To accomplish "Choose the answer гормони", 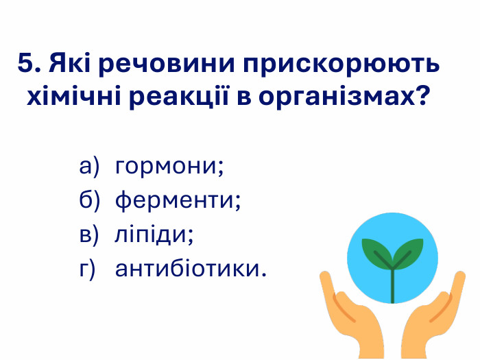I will (x=170, y=167).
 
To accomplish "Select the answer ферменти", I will (x=178, y=201).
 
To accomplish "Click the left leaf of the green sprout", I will (x=376, y=251).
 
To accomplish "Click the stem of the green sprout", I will (x=393, y=285).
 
